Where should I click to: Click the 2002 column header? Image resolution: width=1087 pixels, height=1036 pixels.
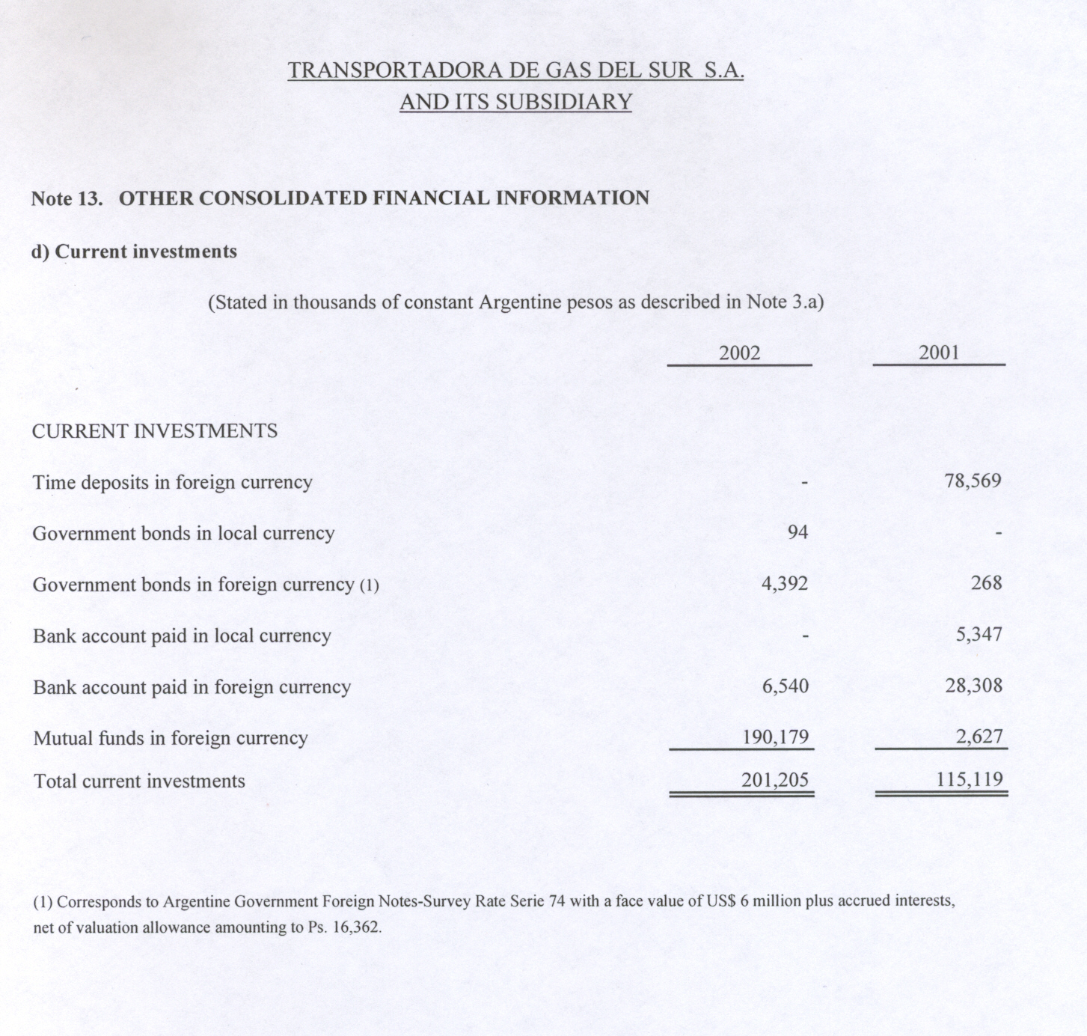click(739, 353)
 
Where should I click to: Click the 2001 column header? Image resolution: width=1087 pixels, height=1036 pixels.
click(939, 353)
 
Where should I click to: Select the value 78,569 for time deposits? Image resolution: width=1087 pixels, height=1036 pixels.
click(973, 481)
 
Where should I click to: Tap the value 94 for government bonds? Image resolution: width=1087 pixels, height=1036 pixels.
click(797, 532)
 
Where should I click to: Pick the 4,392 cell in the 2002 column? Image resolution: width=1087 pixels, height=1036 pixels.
click(784, 583)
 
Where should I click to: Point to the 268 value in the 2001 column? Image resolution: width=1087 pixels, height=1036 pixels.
click(986, 582)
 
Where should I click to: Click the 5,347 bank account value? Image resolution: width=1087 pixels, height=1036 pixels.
click(979, 634)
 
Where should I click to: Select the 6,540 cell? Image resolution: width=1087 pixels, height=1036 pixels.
click(785, 686)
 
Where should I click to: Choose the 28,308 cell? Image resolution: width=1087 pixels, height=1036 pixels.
click(973, 685)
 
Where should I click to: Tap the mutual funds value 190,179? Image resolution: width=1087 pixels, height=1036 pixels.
click(775, 737)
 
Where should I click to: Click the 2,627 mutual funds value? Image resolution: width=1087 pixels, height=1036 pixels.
click(979, 736)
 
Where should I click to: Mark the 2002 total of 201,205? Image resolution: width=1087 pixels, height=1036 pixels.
click(775, 780)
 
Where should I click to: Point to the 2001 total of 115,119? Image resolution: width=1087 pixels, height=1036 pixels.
click(970, 779)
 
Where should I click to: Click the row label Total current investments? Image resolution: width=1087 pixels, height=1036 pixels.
click(139, 781)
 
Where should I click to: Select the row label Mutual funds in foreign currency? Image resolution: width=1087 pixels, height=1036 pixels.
click(171, 738)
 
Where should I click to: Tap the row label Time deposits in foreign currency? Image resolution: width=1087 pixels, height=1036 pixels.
click(172, 482)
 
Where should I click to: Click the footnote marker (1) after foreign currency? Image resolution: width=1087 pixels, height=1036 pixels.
click(370, 585)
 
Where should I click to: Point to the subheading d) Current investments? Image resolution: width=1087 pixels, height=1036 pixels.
click(134, 252)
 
